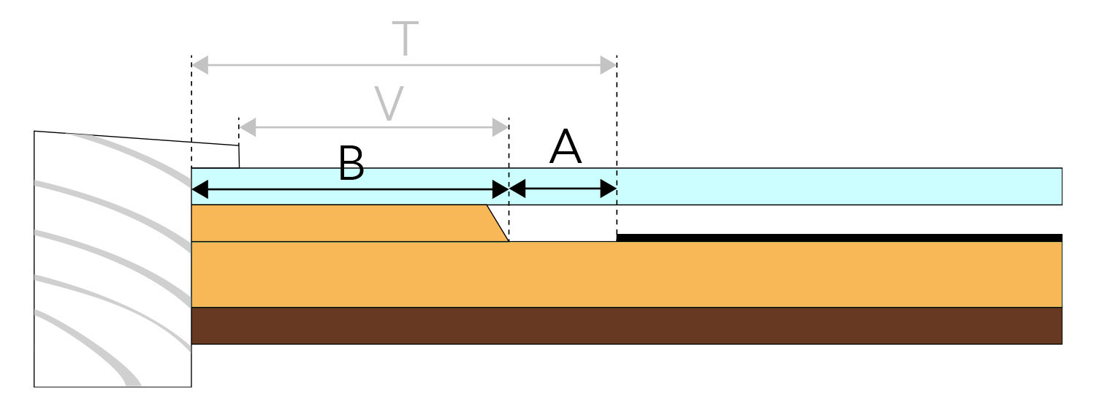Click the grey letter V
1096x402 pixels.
pyautogui.click(x=389, y=103)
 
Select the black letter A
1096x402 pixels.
pyautogui.click(x=566, y=146)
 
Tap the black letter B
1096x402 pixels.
pyautogui.click(x=351, y=163)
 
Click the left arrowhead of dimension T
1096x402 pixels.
pyautogui.click(x=200, y=65)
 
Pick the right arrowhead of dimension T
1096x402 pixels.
pyautogui.click(x=608, y=65)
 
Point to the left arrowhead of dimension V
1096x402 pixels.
pyautogui.click(x=248, y=127)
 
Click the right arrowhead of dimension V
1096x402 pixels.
pyautogui.click(x=500, y=127)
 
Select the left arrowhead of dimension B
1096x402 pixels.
pyautogui.click(x=200, y=189)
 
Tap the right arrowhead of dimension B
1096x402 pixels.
pyautogui.click(x=500, y=189)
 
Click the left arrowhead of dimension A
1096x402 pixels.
pyautogui.click(x=517, y=189)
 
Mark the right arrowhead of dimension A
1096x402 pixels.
pyautogui.click(x=608, y=189)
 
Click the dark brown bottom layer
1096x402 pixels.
pyautogui.click(x=627, y=325)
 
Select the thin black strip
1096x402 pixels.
pyautogui.click(x=839, y=238)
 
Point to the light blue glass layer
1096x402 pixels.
pyautogui.click(x=627, y=186)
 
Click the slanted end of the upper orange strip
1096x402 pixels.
pyautogui.click(x=498, y=223)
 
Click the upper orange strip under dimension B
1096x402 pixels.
pyautogui.click(x=343, y=223)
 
